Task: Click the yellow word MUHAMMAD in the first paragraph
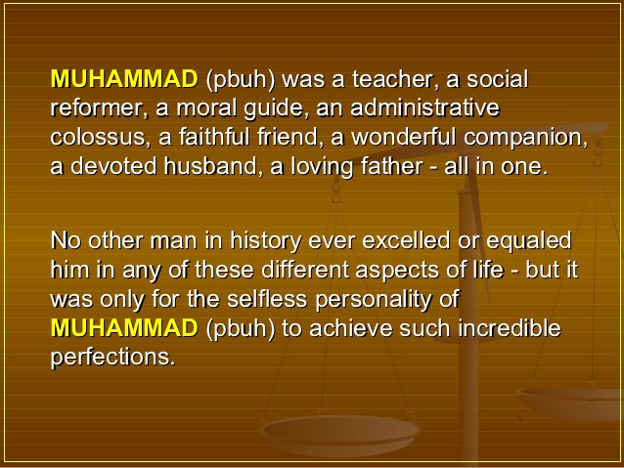pos(124,79)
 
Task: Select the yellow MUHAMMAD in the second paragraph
pos(124,327)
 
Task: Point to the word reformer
pos(96,108)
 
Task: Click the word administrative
pos(424,107)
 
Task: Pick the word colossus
pos(100,137)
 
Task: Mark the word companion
pos(525,137)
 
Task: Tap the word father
pos(391,165)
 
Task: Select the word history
pos(266,241)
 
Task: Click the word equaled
pos(529,241)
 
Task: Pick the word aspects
pos(397,271)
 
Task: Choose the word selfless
pos(267,299)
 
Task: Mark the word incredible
pos(510,328)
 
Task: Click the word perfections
pos(113,358)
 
